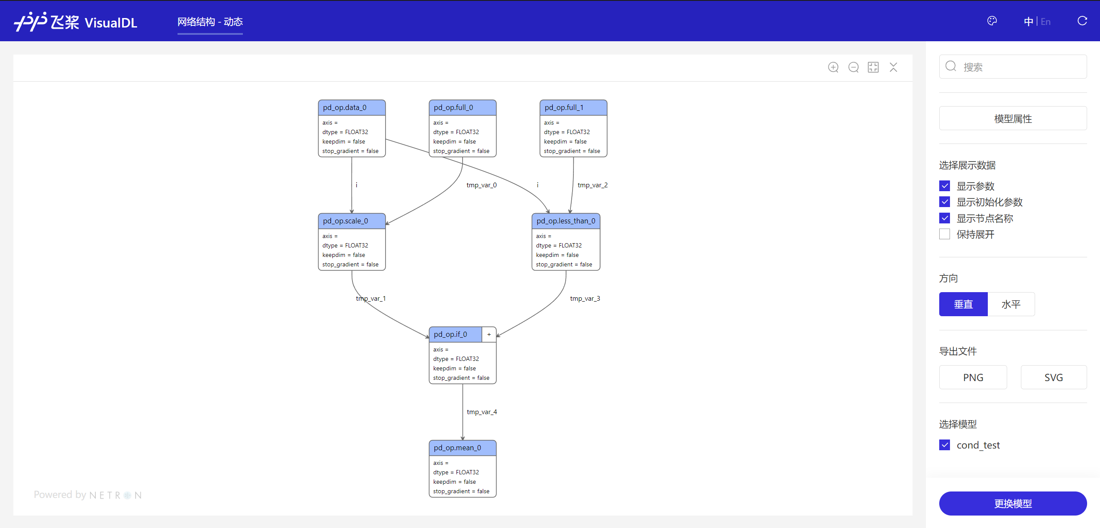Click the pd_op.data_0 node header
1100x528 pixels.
click(x=352, y=107)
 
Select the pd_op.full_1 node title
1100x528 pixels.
click(x=564, y=107)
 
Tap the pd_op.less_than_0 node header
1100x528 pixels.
click(x=566, y=221)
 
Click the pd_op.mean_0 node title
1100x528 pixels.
click(x=457, y=448)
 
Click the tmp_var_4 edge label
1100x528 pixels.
click(x=482, y=412)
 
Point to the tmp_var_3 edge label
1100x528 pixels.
click(x=585, y=298)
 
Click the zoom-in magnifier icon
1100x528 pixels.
click(x=833, y=67)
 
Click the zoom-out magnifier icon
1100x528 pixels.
click(x=854, y=67)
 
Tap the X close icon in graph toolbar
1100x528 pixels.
click(x=894, y=67)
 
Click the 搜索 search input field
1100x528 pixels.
click(x=1013, y=67)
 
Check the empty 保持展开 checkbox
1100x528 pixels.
click(x=944, y=234)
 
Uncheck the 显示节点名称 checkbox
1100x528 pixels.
click(x=944, y=218)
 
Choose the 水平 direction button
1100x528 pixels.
click(x=1011, y=304)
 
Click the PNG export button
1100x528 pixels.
click(x=973, y=377)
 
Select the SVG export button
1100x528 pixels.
click(x=1054, y=377)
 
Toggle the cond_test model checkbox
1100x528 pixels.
click(x=944, y=445)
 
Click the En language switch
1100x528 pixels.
click(x=1045, y=21)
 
